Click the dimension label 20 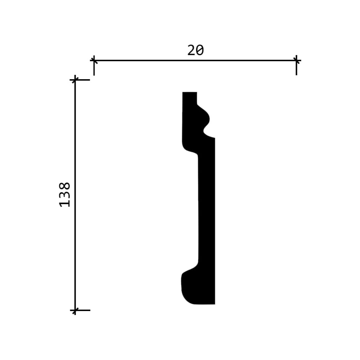195,50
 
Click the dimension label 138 65,195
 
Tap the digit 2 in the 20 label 191,50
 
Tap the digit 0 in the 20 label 200,50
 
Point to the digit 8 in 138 65,186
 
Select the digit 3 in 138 65,195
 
